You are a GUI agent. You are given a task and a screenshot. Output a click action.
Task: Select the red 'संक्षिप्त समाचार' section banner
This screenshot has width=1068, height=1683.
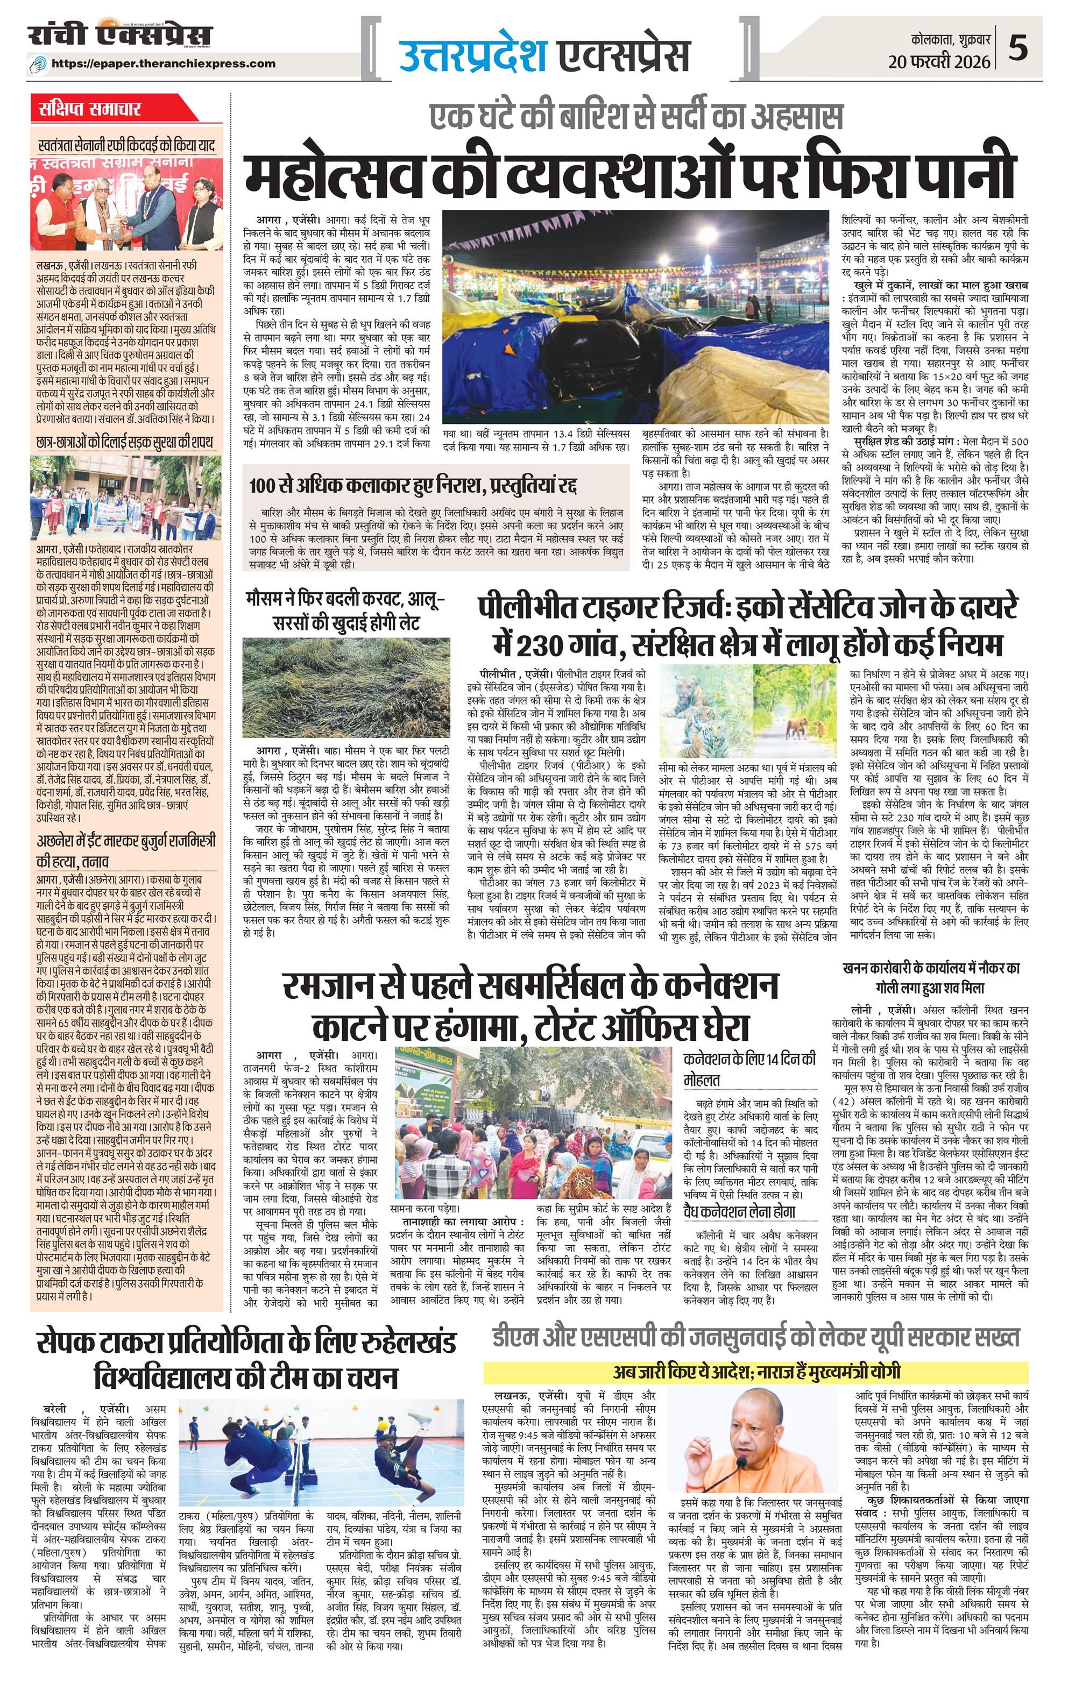click(91, 109)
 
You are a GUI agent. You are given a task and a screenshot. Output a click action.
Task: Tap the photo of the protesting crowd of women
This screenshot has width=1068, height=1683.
click(531, 1111)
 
